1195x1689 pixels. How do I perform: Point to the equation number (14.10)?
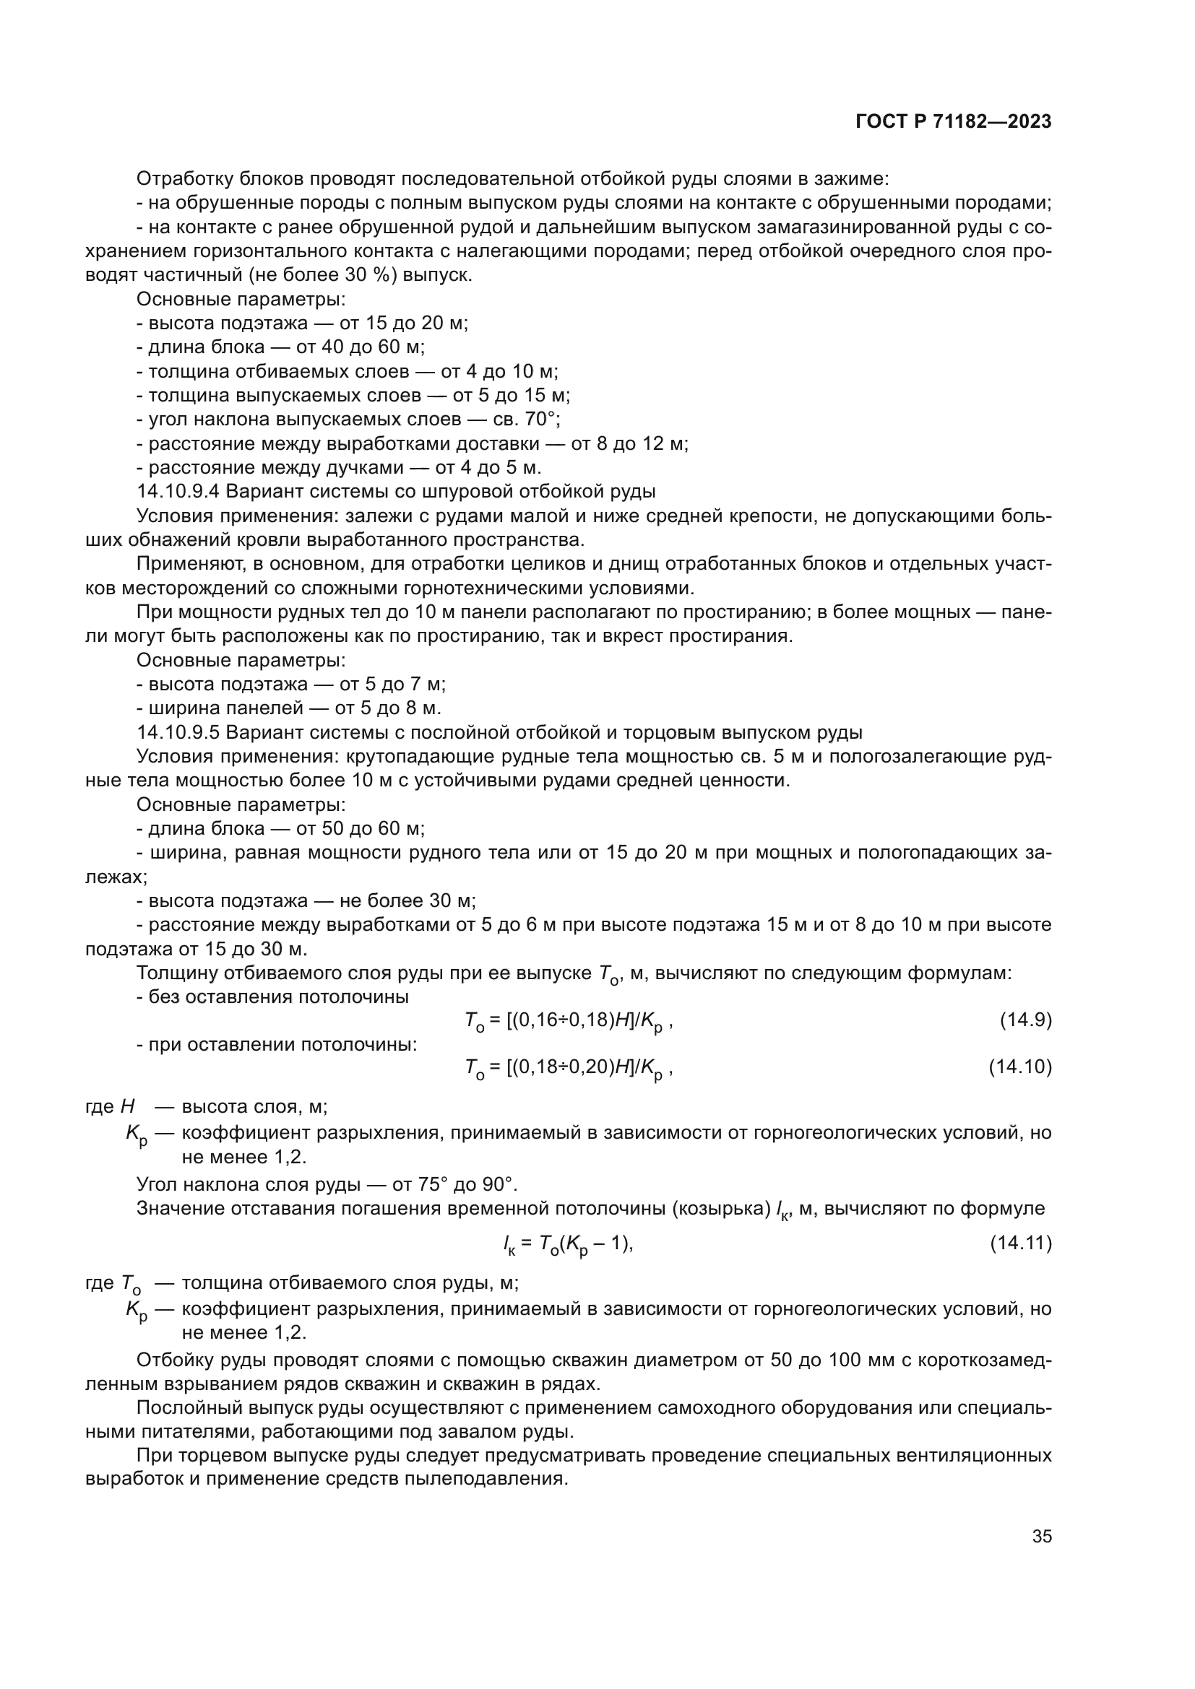coord(1020,1067)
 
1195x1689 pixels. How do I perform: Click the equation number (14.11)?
coord(1021,1243)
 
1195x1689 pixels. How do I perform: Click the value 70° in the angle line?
coord(543,420)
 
